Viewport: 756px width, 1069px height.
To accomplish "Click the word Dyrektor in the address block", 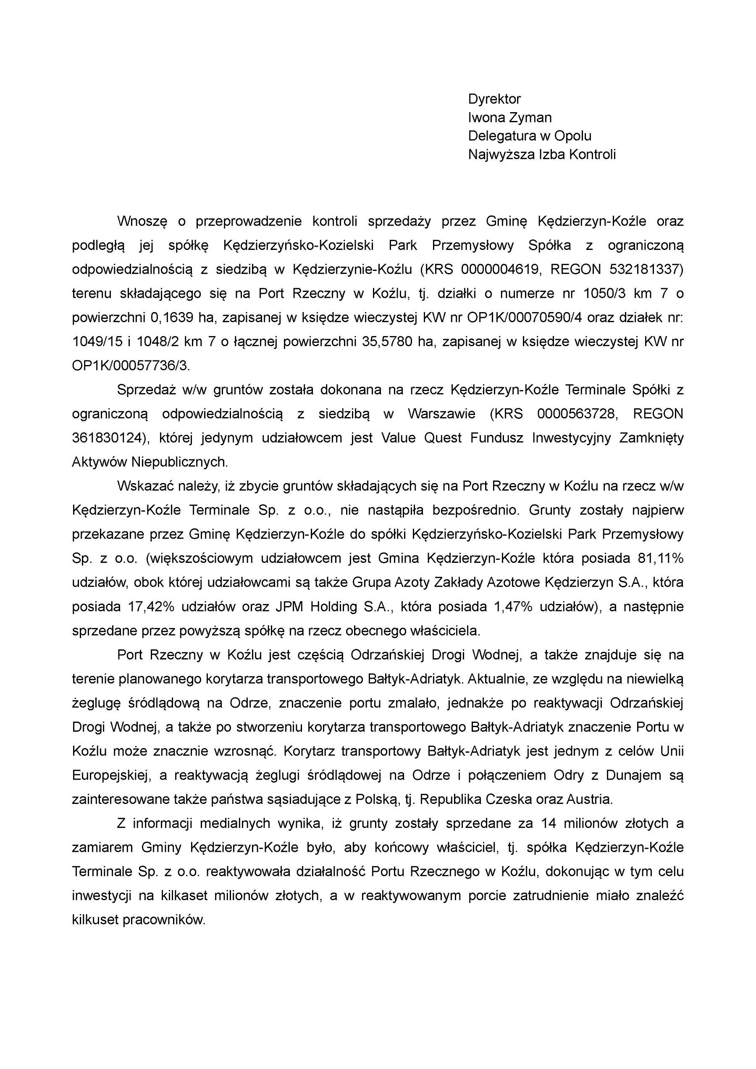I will (x=494, y=99).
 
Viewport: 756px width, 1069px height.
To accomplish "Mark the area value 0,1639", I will (x=172, y=318).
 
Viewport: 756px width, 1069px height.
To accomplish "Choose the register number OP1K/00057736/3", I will (x=131, y=366).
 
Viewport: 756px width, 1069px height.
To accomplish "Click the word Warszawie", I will (x=442, y=414).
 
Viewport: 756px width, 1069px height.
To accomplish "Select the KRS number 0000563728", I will (x=577, y=414).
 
